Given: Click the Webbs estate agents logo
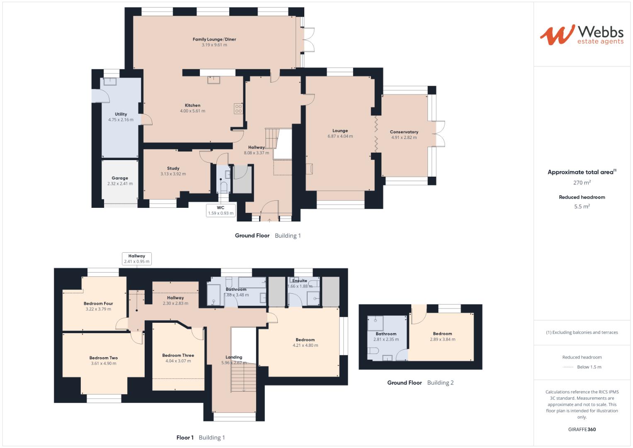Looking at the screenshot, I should click(x=582, y=34).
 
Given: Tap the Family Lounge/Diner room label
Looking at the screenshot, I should click(x=214, y=39).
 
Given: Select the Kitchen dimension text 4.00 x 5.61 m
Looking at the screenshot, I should click(x=192, y=111).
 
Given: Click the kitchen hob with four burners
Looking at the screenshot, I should click(x=238, y=109).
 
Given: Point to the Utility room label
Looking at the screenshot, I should click(x=121, y=114).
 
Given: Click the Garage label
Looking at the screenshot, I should click(x=120, y=178).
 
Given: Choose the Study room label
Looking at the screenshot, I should click(x=173, y=168).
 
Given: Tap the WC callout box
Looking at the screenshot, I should click(x=221, y=210).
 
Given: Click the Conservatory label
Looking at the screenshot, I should click(x=404, y=132).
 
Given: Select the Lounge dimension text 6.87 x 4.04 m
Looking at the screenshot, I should click(x=340, y=136).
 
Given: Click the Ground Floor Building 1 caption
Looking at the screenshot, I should click(x=268, y=236).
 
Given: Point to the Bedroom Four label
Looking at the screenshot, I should click(x=98, y=303).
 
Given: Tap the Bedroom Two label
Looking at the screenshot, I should click(x=104, y=358).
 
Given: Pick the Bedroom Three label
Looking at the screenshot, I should click(x=178, y=355).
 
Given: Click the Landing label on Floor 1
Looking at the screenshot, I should click(x=234, y=357).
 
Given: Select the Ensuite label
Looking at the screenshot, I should click(x=300, y=281).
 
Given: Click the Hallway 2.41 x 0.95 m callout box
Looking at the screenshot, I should click(x=137, y=259).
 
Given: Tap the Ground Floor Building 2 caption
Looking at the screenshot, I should click(x=420, y=382).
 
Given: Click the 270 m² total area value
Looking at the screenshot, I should click(x=582, y=183).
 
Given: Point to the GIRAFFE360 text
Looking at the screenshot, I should click(x=582, y=429).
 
